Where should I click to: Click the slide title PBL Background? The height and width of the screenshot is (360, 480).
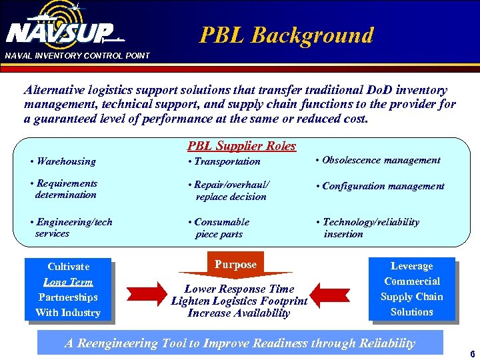point(287,35)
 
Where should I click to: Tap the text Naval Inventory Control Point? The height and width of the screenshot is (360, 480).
point(77,55)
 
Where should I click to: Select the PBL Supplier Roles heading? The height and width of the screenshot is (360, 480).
point(241,146)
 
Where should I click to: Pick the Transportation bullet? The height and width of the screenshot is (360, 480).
point(225,161)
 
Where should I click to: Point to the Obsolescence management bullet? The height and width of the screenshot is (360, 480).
point(377,160)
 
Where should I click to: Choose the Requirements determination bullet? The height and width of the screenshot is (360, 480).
point(65,189)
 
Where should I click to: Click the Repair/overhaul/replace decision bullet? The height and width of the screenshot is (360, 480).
point(228,191)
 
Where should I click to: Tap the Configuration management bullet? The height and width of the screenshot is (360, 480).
point(380,186)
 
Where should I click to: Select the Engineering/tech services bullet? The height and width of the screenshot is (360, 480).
point(72,227)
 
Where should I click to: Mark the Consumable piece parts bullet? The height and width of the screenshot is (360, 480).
point(219,228)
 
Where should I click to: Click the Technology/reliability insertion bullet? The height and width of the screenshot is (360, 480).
point(368,228)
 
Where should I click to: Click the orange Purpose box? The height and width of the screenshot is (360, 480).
point(235,265)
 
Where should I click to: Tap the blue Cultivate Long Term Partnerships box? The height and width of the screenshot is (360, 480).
point(67,289)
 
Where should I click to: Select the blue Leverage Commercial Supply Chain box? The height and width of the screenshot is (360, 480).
point(411,289)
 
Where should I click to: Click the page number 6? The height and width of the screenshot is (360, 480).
point(472,354)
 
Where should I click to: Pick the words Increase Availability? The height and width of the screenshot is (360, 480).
point(239,313)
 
